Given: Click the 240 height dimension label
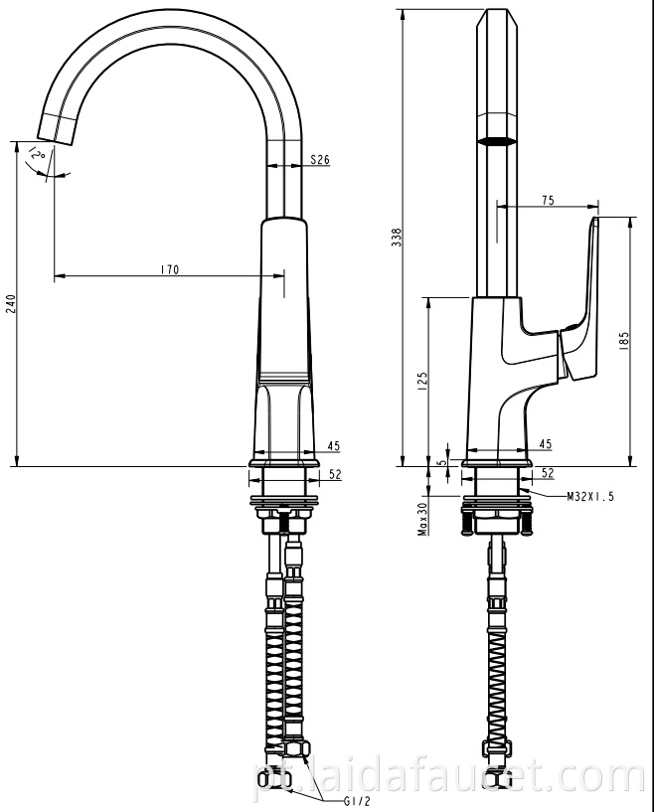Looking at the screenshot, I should click(x=11, y=303).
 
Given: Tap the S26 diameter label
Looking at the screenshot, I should click(x=320, y=159).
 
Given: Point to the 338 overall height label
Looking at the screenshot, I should click(x=397, y=237).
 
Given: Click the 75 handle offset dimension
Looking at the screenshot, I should click(x=548, y=201).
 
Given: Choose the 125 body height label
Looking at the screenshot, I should click(x=421, y=380).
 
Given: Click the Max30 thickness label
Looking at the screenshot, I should click(x=422, y=517).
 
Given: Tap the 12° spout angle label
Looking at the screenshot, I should click(x=38, y=155).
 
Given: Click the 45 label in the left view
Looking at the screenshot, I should click(x=333, y=446).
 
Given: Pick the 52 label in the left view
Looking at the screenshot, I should click(x=334, y=475).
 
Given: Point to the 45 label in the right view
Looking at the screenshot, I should click(x=545, y=444).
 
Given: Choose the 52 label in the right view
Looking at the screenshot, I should click(x=547, y=475).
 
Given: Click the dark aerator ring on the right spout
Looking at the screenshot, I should click(x=496, y=142).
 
